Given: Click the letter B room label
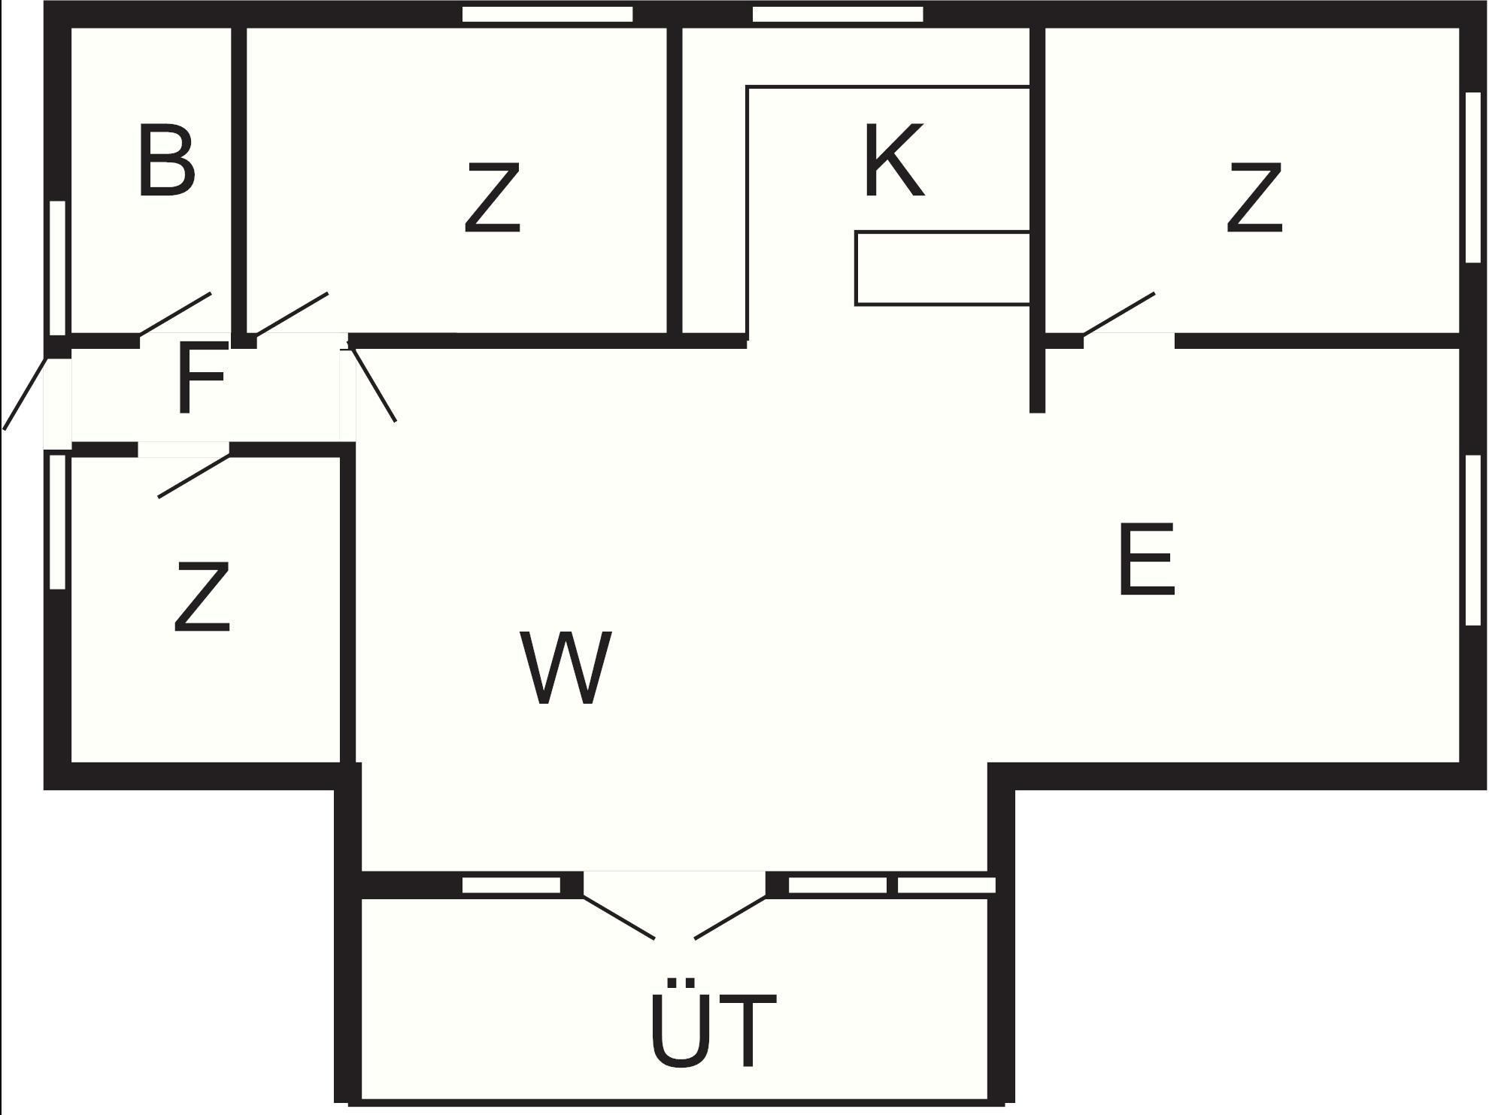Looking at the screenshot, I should pos(167,162).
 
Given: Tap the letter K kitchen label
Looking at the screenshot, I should pos(893,161).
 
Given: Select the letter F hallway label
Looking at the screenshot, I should pos(202,378).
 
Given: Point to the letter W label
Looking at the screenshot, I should pos(566,668).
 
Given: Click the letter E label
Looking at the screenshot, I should pos(1146,560).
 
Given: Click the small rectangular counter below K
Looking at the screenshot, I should pos(942,268).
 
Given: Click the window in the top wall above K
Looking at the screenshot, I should pos(837,14).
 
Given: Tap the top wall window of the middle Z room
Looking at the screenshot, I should pos(547,14).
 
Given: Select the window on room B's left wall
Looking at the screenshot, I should pos(57,268).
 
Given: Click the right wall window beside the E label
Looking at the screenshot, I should pos(1473,540).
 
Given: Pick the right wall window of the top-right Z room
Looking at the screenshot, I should pos(1473,177).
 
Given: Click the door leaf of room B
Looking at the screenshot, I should pos(175,314).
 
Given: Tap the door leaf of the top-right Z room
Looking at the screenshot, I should pos(1118,314).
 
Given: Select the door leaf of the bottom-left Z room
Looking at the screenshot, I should pos(193,476).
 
